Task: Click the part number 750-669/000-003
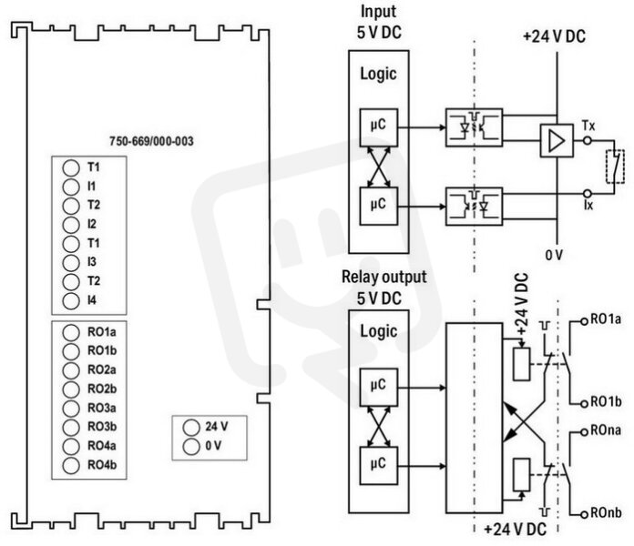tap(151, 141)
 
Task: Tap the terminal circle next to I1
tap(71, 187)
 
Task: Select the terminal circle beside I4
tap(71, 301)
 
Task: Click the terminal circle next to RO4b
tap(71, 465)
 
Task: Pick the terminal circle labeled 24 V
tap(191, 428)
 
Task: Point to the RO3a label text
tap(102, 408)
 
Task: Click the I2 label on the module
tap(92, 224)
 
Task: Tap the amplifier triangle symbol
tap(557, 140)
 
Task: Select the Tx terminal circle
tap(588, 140)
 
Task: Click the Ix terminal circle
tap(588, 194)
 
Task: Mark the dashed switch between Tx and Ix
tap(615, 167)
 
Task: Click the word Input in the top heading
tap(378, 12)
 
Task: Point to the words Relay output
tap(384, 277)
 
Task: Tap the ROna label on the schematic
tap(606, 430)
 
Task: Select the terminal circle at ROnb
tap(584, 515)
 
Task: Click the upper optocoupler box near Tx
tap(474, 127)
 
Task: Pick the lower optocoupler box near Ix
tap(474, 206)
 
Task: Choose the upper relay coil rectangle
tap(522, 364)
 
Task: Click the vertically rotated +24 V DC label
tap(522, 304)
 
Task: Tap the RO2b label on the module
tap(102, 389)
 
